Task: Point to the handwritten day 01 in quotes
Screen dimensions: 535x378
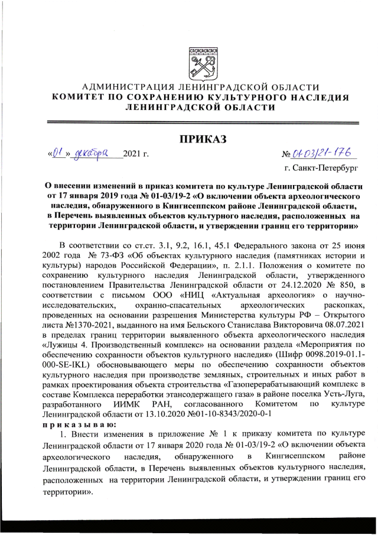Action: click(57, 154)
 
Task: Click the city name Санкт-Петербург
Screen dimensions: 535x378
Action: click(327, 168)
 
